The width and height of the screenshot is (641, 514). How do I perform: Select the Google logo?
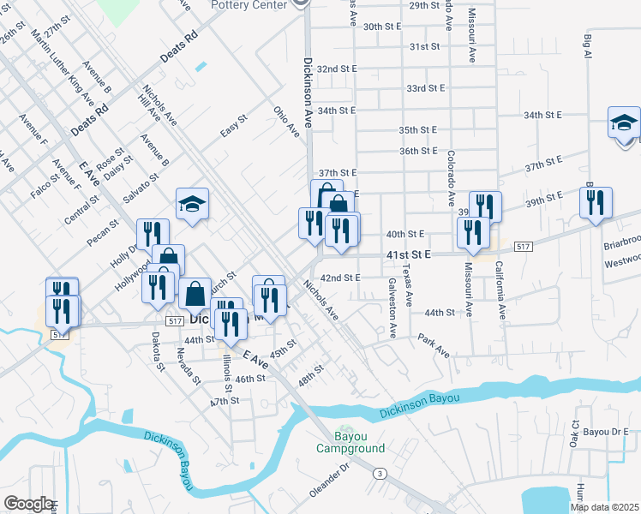[28, 504]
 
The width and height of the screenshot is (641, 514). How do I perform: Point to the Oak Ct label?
[575, 434]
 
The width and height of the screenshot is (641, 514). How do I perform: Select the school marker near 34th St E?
[624, 123]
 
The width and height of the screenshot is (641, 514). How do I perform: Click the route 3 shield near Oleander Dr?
[379, 472]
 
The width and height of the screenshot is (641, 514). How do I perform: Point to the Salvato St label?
[141, 188]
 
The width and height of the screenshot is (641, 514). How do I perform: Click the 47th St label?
[224, 401]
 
